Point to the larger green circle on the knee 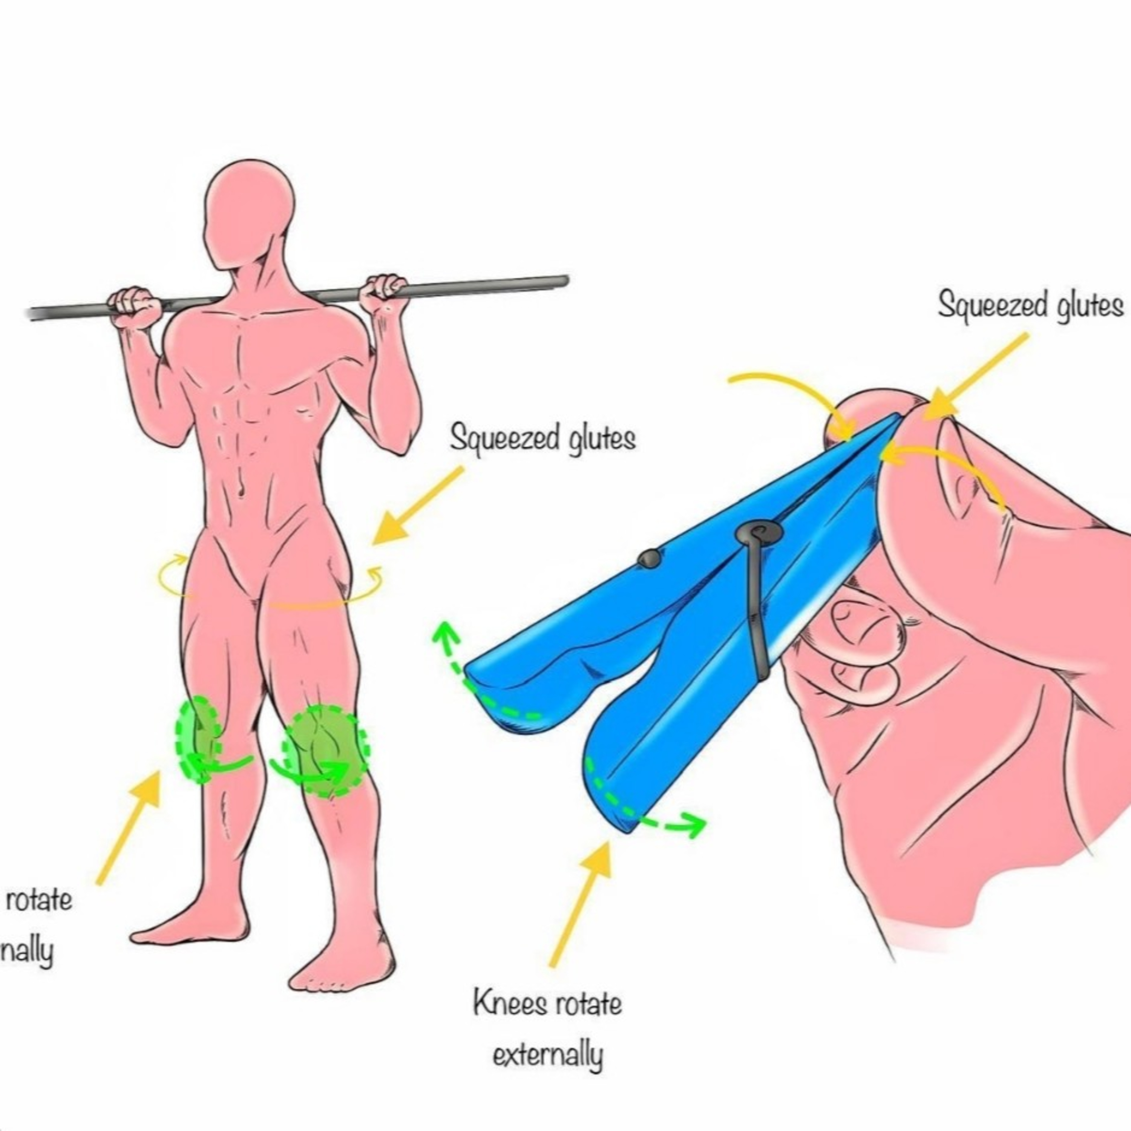pyautogui.click(x=325, y=751)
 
